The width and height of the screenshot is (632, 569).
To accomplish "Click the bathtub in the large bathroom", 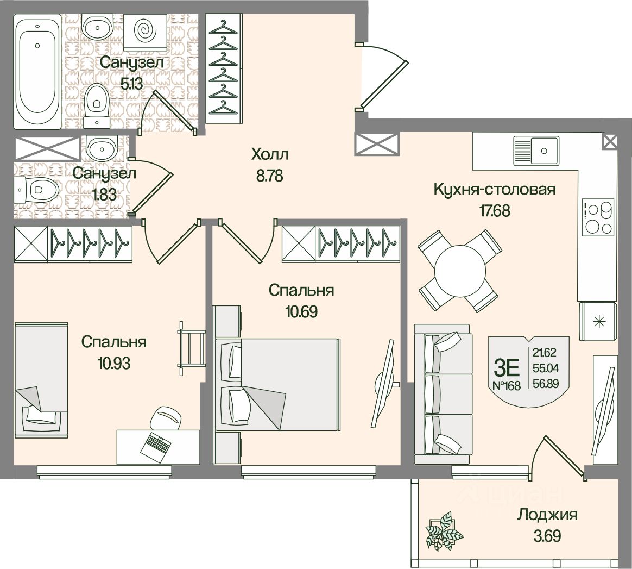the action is click(37, 72).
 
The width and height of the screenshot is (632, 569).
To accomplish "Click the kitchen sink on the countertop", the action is click(536, 151).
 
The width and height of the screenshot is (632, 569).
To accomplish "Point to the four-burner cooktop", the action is click(597, 217).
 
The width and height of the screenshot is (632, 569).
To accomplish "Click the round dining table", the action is click(460, 271).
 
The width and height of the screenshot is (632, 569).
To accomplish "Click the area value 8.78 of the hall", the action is click(269, 176).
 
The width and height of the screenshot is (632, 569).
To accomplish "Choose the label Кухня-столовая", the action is click(495, 189).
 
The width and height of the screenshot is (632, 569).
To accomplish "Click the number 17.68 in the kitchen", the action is click(495, 211).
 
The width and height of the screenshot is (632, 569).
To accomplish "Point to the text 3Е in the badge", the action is click(506, 367).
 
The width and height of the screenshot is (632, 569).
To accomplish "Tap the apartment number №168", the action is click(507, 386).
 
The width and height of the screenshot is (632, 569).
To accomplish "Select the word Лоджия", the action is click(547, 515).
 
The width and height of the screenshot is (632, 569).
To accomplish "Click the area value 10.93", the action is click(113, 364).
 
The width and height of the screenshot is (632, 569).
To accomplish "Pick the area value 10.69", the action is click(301, 311).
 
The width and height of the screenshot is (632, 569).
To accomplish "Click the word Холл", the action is click(270, 154).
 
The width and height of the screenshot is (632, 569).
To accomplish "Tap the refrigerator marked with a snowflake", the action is click(597, 322).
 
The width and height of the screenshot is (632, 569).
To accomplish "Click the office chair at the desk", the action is click(166, 418).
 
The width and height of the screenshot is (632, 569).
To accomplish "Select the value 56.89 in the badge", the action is click(546, 384).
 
